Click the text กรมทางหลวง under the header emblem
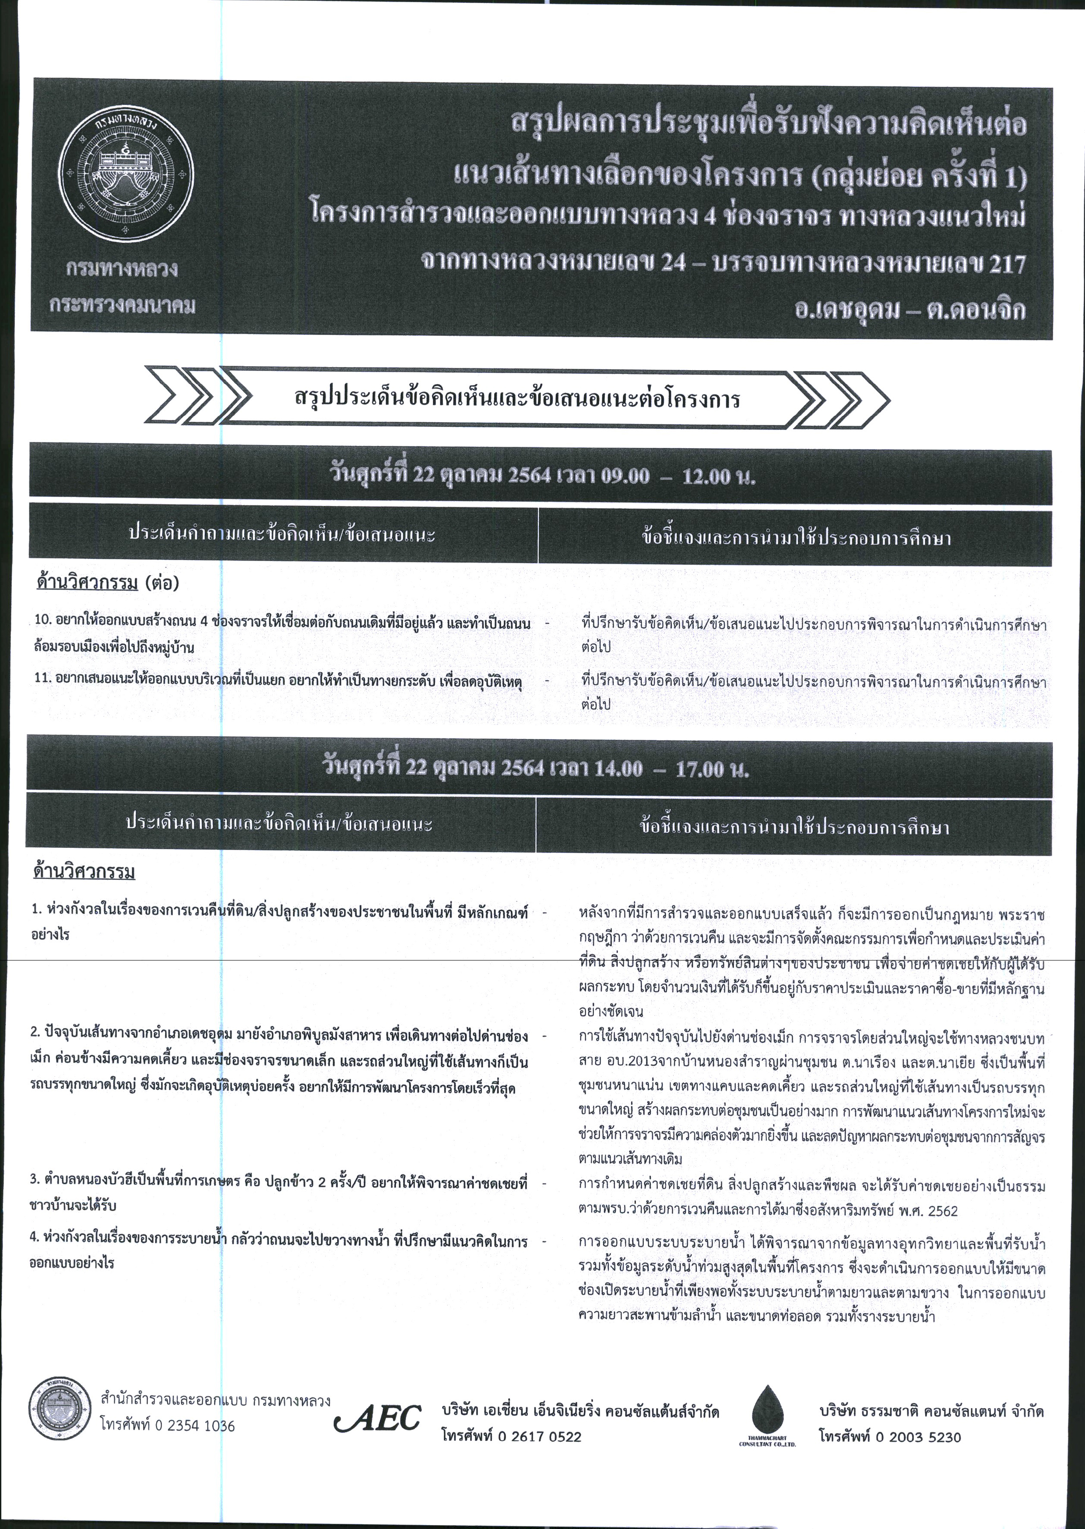coord(122,271)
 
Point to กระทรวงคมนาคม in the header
coord(122,306)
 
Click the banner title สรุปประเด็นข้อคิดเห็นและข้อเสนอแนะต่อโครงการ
coord(516,399)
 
